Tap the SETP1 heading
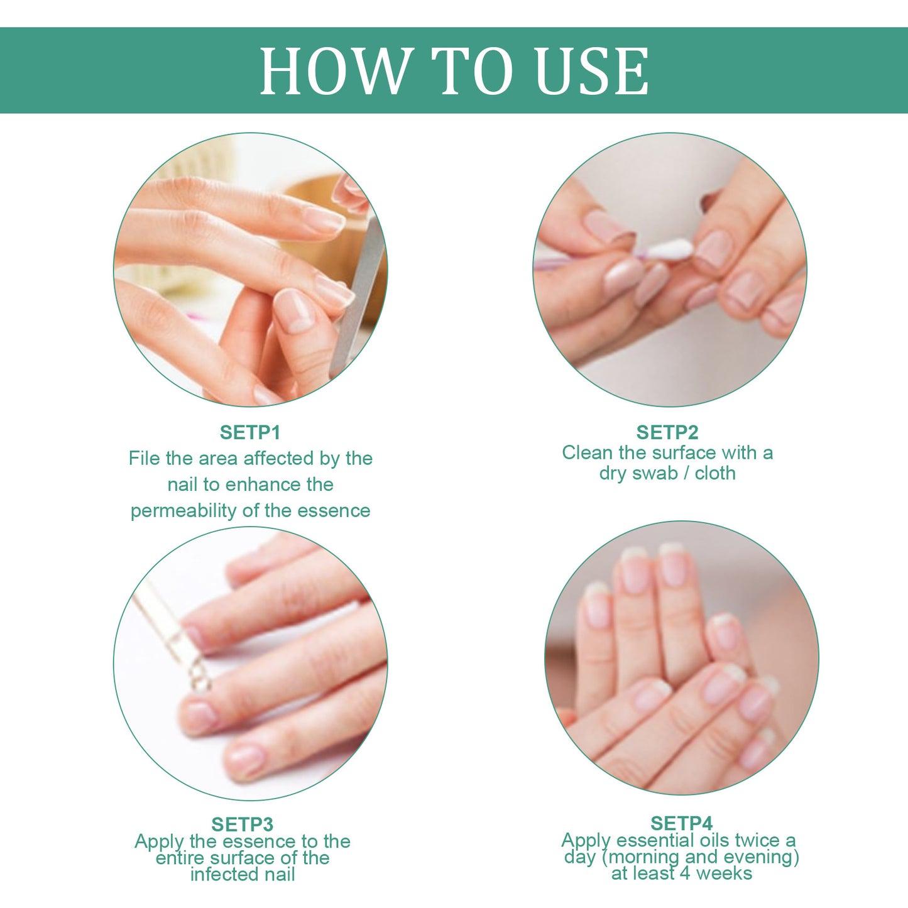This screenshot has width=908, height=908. [x=249, y=432]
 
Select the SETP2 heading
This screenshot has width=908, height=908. [x=667, y=432]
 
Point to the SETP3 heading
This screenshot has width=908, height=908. [x=242, y=824]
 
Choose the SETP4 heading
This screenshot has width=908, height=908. [x=681, y=823]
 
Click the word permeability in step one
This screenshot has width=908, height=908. [x=183, y=511]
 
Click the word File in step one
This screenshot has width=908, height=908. [x=144, y=459]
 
